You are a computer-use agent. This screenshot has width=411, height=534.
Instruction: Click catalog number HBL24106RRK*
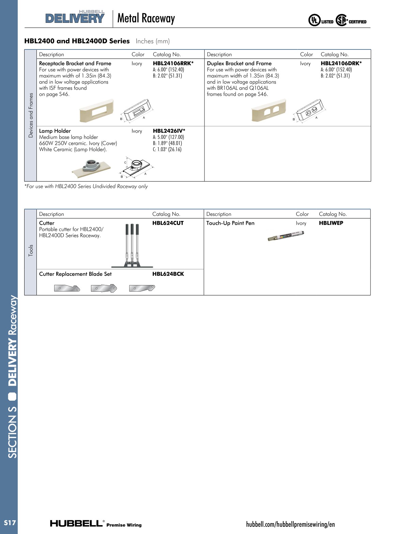pos(173,63)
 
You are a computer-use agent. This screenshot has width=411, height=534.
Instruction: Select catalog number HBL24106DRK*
pos(341,63)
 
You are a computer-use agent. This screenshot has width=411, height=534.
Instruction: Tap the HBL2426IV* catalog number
pos(169,131)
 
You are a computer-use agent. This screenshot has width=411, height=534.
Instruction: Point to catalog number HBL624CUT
pos(168,223)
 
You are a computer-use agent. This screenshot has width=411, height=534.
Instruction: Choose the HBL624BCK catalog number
pos(168,274)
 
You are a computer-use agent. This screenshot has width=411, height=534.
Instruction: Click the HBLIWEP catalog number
pos(331,223)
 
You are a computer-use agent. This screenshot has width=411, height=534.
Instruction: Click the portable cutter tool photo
pos(132,246)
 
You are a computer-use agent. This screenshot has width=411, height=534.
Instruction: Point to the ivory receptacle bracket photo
pos(96,110)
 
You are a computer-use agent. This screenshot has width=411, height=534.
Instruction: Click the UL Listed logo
pos(321,21)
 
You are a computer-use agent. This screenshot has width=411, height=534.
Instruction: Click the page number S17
pos(10,523)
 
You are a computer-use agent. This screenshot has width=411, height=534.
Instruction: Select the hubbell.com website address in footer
pos(290,524)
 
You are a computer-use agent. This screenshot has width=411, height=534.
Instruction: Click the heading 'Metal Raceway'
pos(146,18)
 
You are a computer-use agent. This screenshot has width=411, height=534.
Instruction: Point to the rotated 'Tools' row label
pos(31,250)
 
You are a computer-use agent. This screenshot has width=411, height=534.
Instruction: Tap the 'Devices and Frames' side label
pos(31,115)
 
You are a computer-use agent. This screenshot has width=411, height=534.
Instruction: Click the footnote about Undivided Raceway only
pos(86,187)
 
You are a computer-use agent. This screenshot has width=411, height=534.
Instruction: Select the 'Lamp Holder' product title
pos(55,131)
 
